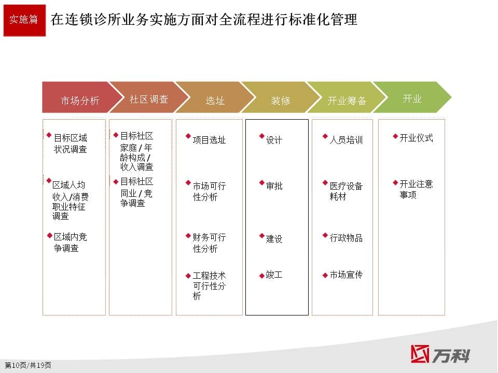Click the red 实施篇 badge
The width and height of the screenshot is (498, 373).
[x=24, y=20]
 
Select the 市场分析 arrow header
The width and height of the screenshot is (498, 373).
[x=79, y=97]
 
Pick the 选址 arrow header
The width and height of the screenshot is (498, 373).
[x=215, y=97]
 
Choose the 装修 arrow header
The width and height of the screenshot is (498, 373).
[x=281, y=97]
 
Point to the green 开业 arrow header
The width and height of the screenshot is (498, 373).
[x=412, y=97]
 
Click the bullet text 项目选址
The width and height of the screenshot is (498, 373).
[x=209, y=140]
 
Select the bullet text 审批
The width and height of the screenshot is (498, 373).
[x=274, y=185]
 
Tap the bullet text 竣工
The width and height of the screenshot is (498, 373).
[x=274, y=275]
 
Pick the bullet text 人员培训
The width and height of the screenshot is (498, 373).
[x=346, y=140]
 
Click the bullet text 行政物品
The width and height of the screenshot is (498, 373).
[x=346, y=238]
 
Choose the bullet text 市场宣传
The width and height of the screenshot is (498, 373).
[x=346, y=275]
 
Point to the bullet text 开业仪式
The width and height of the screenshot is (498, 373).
[x=416, y=138]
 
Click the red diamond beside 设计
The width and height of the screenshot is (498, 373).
[x=261, y=136]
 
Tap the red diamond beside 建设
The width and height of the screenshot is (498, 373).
[x=261, y=235]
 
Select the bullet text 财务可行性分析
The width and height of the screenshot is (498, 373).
[x=209, y=243]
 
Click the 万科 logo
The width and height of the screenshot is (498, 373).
[x=440, y=354]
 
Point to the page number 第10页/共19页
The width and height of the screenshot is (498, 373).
[x=28, y=365]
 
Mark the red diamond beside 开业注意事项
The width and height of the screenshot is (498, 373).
[x=395, y=182]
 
